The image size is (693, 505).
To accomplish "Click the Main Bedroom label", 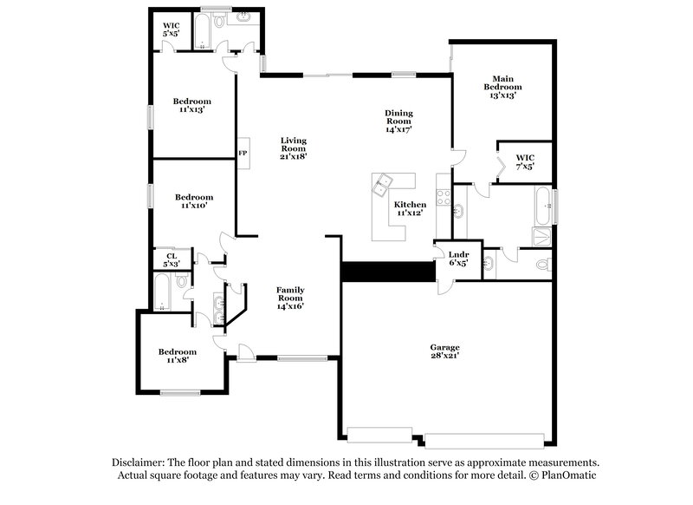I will pos(502,87).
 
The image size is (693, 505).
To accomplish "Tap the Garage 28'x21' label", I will pos(445,352).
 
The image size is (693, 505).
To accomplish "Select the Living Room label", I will pos(293,148).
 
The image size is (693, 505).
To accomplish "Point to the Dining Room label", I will pos(398,121).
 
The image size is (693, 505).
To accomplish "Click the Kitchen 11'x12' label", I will pos(411,208).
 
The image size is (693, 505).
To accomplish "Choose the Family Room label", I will pos(290,298).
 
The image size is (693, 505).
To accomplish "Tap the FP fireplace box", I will pos(243,154).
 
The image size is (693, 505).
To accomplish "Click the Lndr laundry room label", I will pos(457,258).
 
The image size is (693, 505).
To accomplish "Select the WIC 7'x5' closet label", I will pos(525,161).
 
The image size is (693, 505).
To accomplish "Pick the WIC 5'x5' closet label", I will pos(171,30).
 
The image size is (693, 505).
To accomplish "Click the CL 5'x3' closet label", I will pos(172,259).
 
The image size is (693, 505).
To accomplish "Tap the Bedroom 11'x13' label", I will pos(191,106).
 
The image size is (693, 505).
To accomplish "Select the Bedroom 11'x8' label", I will pos(177,356).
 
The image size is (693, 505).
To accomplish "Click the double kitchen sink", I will pos(381,184).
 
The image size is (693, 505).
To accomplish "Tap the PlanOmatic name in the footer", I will pos(568,475).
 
